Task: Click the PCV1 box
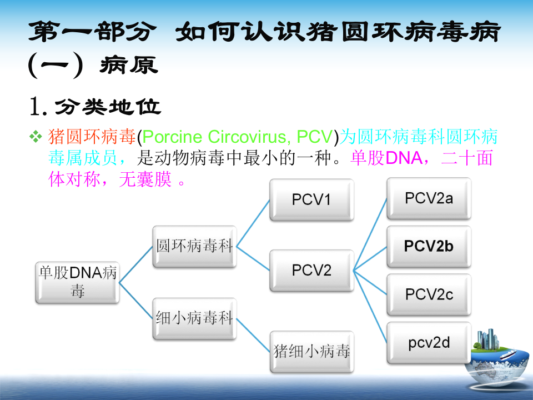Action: [311, 199]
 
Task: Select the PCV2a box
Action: [429, 198]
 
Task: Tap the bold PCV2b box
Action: [429, 246]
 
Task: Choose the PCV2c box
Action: [429, 294]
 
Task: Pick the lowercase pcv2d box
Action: [429, 342]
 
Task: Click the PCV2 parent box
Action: [311, 271]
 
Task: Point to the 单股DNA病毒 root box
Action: [77, 282]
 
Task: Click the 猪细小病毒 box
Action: [311, 351]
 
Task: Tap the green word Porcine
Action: [174, 136]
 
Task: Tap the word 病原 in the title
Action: [129, 66]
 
